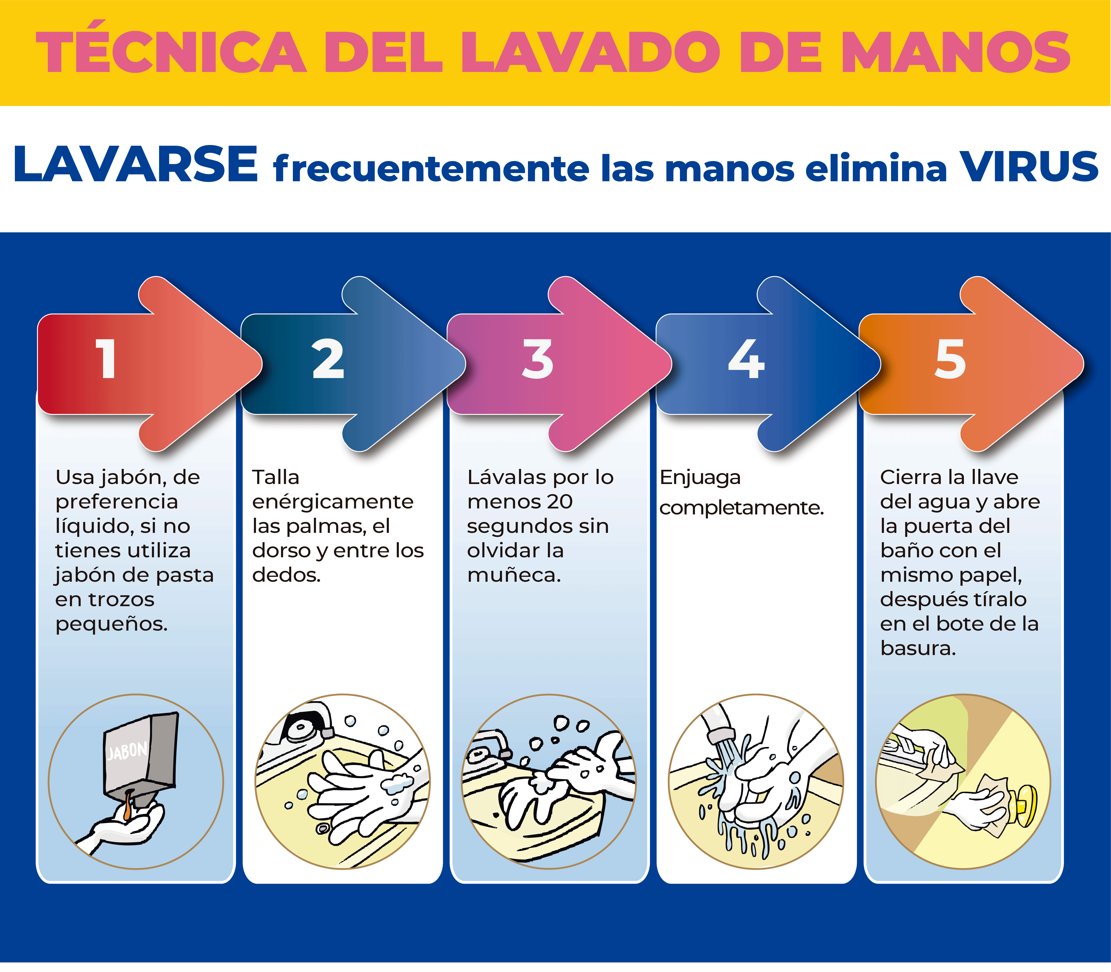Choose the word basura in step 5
point(918,648)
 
